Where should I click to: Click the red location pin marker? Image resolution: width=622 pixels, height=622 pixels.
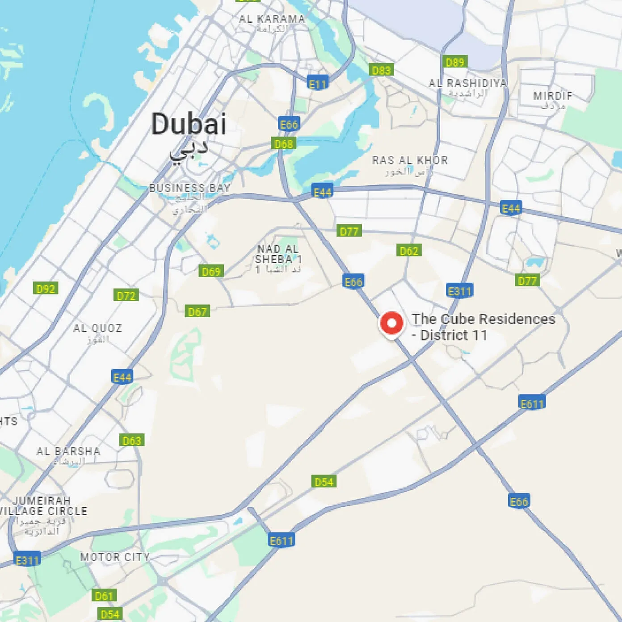click(391, 324)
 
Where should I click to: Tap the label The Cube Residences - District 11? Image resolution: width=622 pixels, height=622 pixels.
click(483, 327)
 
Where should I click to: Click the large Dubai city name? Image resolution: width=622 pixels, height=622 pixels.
click(189, 125)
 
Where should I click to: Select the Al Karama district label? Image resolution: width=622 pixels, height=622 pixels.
click(272, 19)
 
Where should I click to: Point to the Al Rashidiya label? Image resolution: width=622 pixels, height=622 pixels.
click(467, 83)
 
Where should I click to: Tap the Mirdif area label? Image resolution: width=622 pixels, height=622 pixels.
click(553, 96)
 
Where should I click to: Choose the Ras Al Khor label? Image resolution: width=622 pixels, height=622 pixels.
click(410, 160)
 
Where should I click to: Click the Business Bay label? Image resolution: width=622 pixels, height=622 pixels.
click(190, 188)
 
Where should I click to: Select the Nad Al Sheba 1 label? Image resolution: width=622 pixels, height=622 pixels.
click(278, 254)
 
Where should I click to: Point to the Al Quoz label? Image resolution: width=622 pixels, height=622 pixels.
click(97, 328)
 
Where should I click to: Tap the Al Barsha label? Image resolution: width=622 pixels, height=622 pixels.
click(68, 451)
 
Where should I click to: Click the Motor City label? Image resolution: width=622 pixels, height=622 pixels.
click(115, 557)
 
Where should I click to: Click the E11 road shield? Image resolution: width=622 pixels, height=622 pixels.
click(318, 84)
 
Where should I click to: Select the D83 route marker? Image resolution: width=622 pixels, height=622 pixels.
click(381, 70)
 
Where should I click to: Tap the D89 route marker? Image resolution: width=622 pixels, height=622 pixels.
click(455, 62)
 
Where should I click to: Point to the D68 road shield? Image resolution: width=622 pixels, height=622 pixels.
click(283, 144)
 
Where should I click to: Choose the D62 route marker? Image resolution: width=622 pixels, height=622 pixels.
click(409, 251)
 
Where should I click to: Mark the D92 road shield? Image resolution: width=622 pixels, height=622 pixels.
click(46, 289)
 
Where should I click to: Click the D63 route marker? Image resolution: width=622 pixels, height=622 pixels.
click(132, 441)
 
